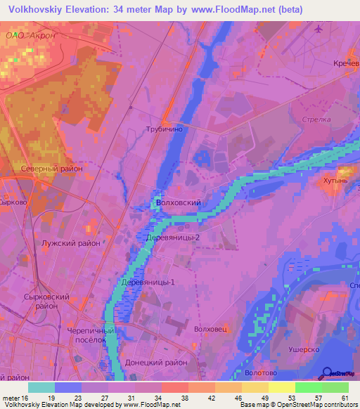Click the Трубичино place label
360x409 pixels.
coord(164,129)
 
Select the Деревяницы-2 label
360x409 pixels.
coord(172,238)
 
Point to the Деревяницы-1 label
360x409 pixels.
coord(148,283)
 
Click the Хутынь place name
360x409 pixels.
coord(346,181)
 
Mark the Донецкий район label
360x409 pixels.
coord(156,362)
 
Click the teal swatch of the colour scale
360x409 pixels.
coord(41,387)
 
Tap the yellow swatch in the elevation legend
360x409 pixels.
coord(281,387)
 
